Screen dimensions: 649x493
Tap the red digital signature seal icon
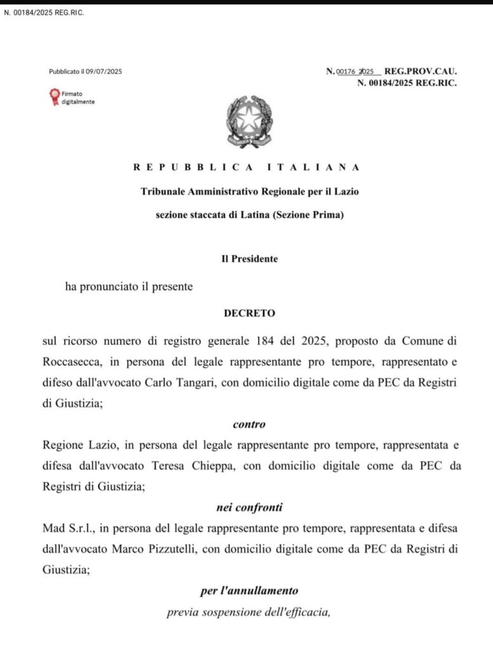54,96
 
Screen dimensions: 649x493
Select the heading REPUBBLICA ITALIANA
247,167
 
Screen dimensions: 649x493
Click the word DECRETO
246,313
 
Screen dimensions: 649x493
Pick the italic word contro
247,425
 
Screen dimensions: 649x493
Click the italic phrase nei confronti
246,506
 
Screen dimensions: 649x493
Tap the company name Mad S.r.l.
64,527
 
